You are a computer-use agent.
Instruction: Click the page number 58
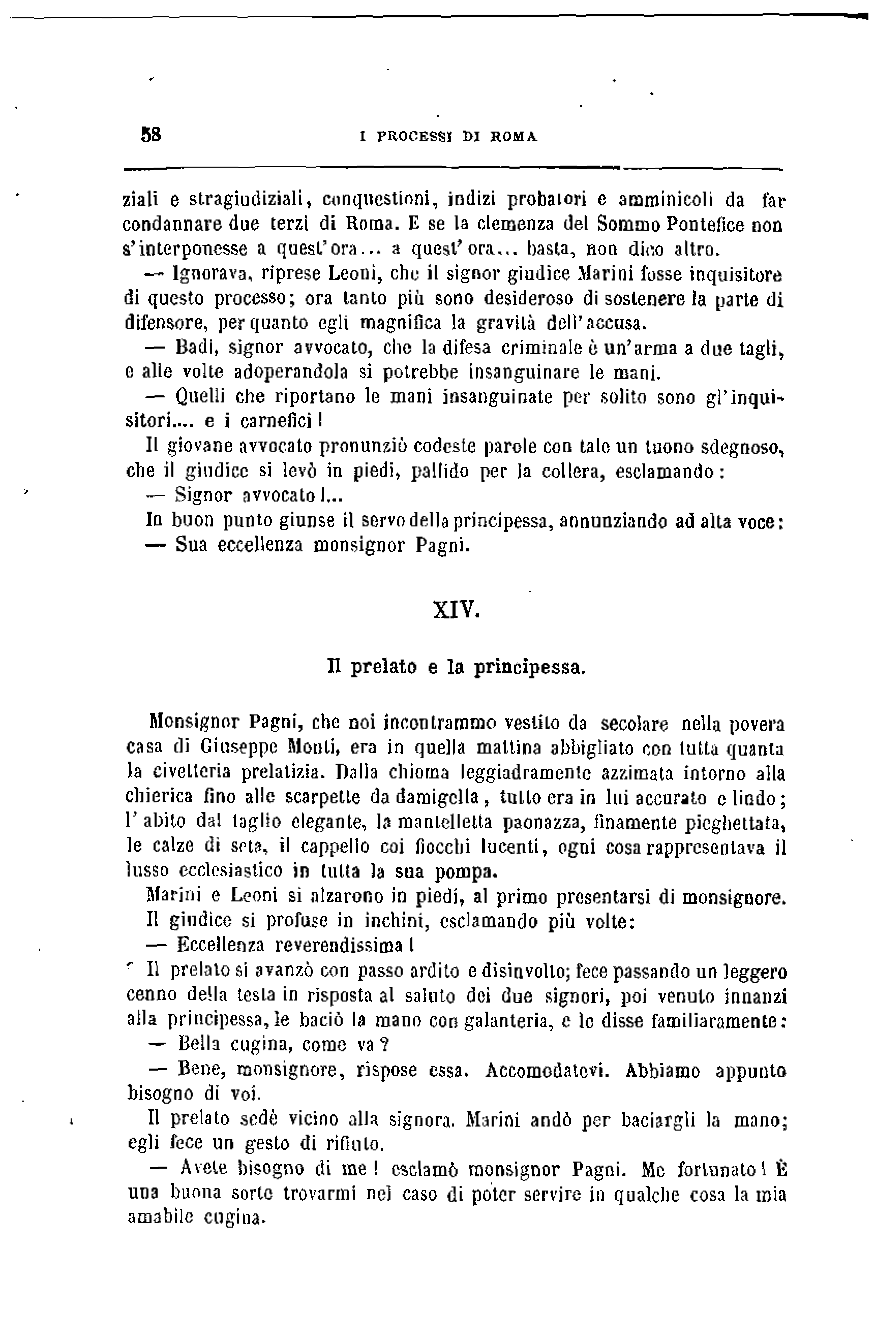point(151,135)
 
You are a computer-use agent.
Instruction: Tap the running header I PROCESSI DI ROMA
point(448,137)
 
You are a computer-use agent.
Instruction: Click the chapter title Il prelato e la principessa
point(457,668)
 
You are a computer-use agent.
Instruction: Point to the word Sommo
point(627,225)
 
